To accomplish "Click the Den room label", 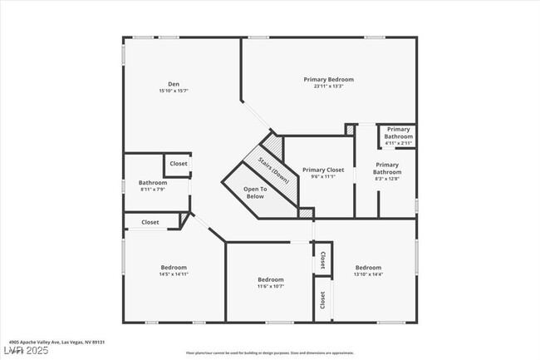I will pyautogui.click(x=174, y=83).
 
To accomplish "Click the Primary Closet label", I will pyautogui.click(x=322, y=169).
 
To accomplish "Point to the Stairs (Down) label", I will pyautogui.click(x=273, y=169).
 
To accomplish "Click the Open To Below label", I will pyautogui.click(x=255, y=192).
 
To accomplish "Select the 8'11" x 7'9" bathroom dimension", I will pyautogui.click(x=153, y=190).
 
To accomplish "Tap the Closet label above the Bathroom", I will pyautogui.click(x=179, y=164).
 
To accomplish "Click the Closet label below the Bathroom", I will pyautogui.click(x=150, y=222).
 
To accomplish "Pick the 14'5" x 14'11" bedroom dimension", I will pyautogui.click(x=174, y=274).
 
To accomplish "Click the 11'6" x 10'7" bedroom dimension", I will pyautogui.click(x=271, y=286).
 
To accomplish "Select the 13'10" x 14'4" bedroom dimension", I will pyautogui.click(x=368, y=274).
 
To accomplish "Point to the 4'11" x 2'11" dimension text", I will pyautogui.click(x=399, y=143).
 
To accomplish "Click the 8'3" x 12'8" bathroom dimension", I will pyautogui.click(x=387, y=178).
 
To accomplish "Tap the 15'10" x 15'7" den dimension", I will pyautogui.click(x=174, y=91).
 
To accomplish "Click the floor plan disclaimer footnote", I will pyautogui.click(x=270, y=353).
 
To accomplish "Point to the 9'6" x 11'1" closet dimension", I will pyautogui.click(x=322, y=176).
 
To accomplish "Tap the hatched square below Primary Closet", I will pyautogui.click(x=306, y=214).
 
